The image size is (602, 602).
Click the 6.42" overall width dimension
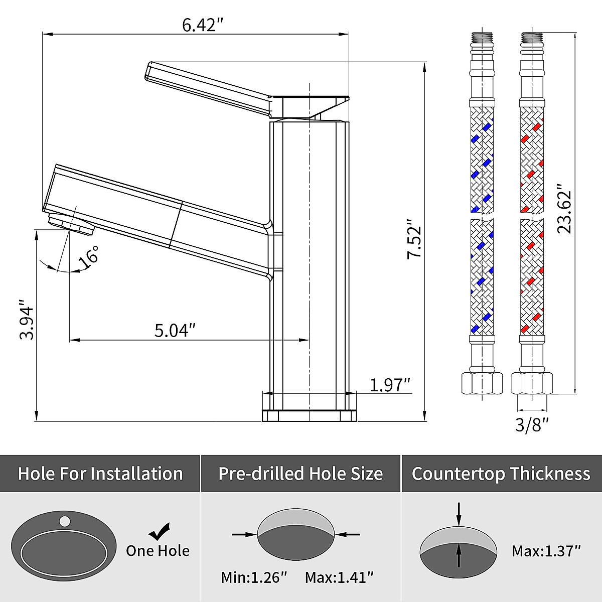203,25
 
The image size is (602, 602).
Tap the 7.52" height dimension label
414,239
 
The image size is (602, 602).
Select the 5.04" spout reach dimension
175,330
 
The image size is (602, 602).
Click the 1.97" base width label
390,385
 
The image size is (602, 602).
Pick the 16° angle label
89,257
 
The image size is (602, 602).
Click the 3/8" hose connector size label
532,425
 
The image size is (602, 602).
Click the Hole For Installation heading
100,474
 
